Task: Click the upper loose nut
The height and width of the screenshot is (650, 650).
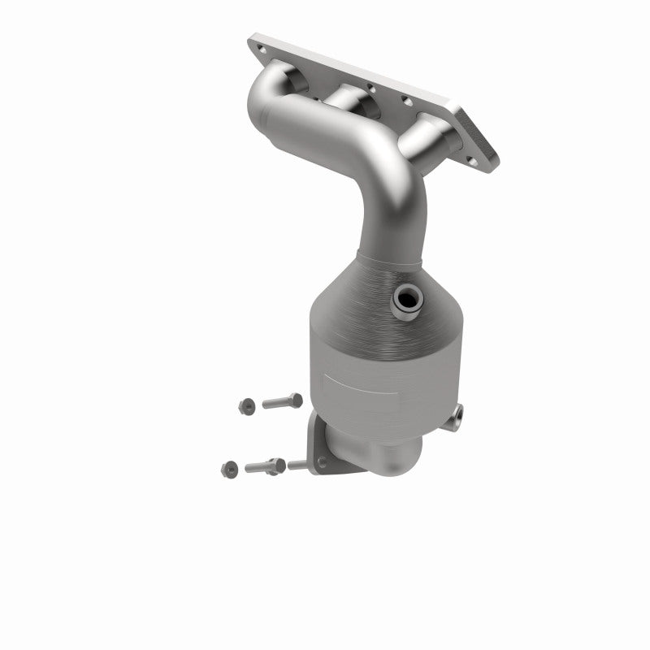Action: (245, 404)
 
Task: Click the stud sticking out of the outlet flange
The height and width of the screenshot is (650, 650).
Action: (297, 466)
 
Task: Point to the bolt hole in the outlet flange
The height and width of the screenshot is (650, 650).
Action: (323, 463)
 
